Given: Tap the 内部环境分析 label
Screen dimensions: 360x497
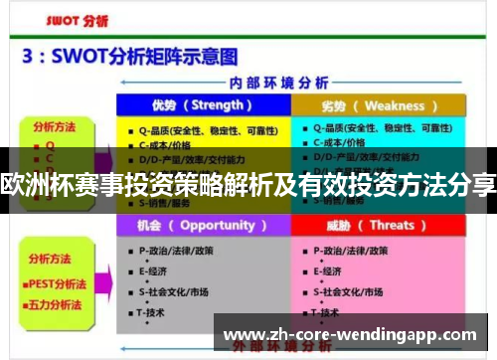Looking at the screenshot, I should (x=289, y=83).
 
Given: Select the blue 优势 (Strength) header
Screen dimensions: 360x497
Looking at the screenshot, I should (x=203, y=105).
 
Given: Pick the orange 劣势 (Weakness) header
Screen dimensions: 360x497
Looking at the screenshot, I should (x=379, y=105).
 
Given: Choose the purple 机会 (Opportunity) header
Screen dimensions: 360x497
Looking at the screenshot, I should (x=203, y=225).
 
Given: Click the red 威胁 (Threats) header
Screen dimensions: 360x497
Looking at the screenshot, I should (x=379, y=225).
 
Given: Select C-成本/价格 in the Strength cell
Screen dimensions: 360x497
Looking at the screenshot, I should (x=170, y=143).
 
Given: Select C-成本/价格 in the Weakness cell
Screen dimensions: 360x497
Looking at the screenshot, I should (x=344, y=143).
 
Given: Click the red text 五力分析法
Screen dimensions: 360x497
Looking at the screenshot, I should (x=58, y=296).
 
